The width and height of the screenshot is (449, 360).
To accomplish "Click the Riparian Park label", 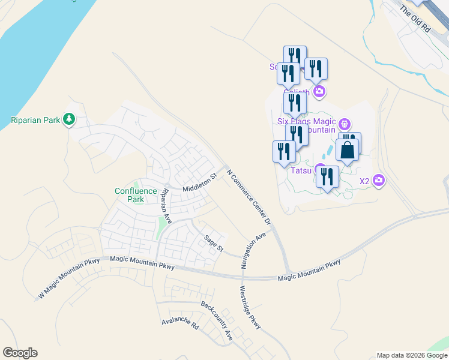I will pyautogui.click(x=35, y=120).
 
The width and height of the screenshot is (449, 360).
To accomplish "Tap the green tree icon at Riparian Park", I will pyautogui.click(x=70, y=119).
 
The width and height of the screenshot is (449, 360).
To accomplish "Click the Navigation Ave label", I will pyautogui.click(x=253, y=251).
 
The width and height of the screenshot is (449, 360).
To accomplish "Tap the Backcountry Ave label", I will pyautogui.click(x=217, y=322).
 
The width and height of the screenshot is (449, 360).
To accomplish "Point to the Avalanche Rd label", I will pyautogui.click(x=180, y=324).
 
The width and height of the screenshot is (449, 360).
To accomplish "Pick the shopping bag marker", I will pyautogui.click(x=348, y=150).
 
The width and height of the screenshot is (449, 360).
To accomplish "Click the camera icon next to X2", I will pyautogui.click(x=379, y=180).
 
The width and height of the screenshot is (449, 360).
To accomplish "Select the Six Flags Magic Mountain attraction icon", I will pyautogui.click(x=344, y=125).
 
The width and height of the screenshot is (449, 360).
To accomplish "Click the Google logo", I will pyautogui.click(x=20, y=353).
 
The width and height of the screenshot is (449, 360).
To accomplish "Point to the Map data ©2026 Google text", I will pyautogui.click(x=412, y=355).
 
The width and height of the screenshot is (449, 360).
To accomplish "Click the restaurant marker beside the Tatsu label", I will pyautogui.click(x=327, y=176).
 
